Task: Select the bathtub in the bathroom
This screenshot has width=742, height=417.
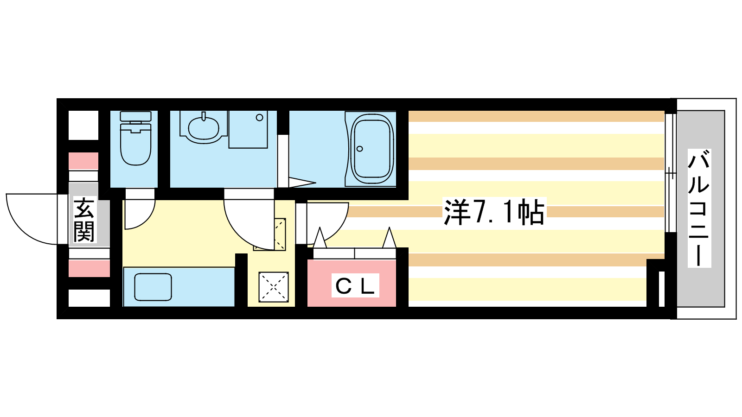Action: click(x=371, y=149)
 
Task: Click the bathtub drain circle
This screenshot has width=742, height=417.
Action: click(x=360, y=149)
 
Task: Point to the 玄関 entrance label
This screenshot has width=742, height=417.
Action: click(x=84, y=220)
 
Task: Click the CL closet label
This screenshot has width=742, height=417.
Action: click(x=355, y=285)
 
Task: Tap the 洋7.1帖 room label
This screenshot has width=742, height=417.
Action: click(x=493, y=212)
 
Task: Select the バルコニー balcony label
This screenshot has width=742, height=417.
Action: click(x=699, y=208)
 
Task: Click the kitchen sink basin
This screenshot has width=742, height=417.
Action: click(x=153, y=287)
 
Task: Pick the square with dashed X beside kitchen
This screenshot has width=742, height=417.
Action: click(x=274, y=287)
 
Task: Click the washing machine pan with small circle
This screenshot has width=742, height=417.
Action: click(x=248, y=129)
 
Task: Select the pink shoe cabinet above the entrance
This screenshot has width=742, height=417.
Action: click(x=83, y=161)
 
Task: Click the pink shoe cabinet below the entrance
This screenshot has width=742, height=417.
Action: click(x=89, y=268)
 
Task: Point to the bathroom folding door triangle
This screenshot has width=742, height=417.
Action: click(x=302, y=183)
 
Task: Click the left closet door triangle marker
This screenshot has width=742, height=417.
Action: click(x=320, y=238)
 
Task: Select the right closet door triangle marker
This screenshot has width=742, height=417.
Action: click(x=389, y=238)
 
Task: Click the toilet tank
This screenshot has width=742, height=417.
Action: click(x=136, y=116)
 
